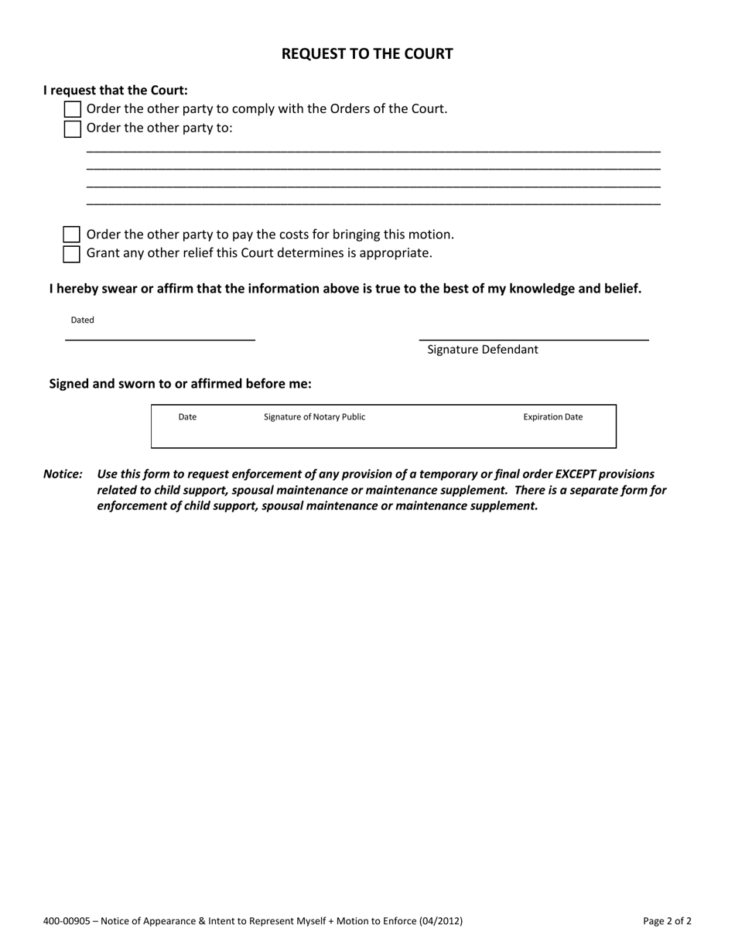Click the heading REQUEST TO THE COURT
pos(367,54)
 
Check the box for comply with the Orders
pos(72,110)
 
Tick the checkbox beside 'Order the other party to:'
pos(72,128)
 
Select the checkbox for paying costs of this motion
pos(72,235)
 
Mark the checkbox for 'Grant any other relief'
pos(72,254)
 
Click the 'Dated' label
pos(83,320)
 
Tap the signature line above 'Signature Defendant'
pos(534,339)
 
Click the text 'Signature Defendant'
pos(483,350)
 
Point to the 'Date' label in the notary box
pos(187,417)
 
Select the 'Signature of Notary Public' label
pos(314,417)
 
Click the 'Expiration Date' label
pos(553,417)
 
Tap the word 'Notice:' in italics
pos(63,474)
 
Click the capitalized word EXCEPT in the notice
pos(576,474)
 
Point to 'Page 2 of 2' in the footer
pos(667,921)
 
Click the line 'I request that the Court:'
pos(115,91)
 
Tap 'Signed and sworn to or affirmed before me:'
pos(180,384)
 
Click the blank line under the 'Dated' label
pos(160,339)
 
